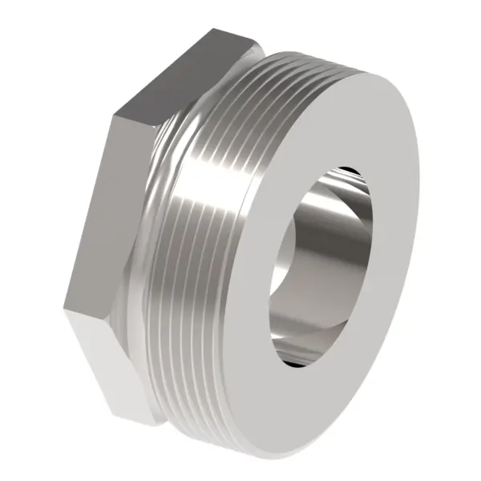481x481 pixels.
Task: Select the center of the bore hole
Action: (x=321, y=265)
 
